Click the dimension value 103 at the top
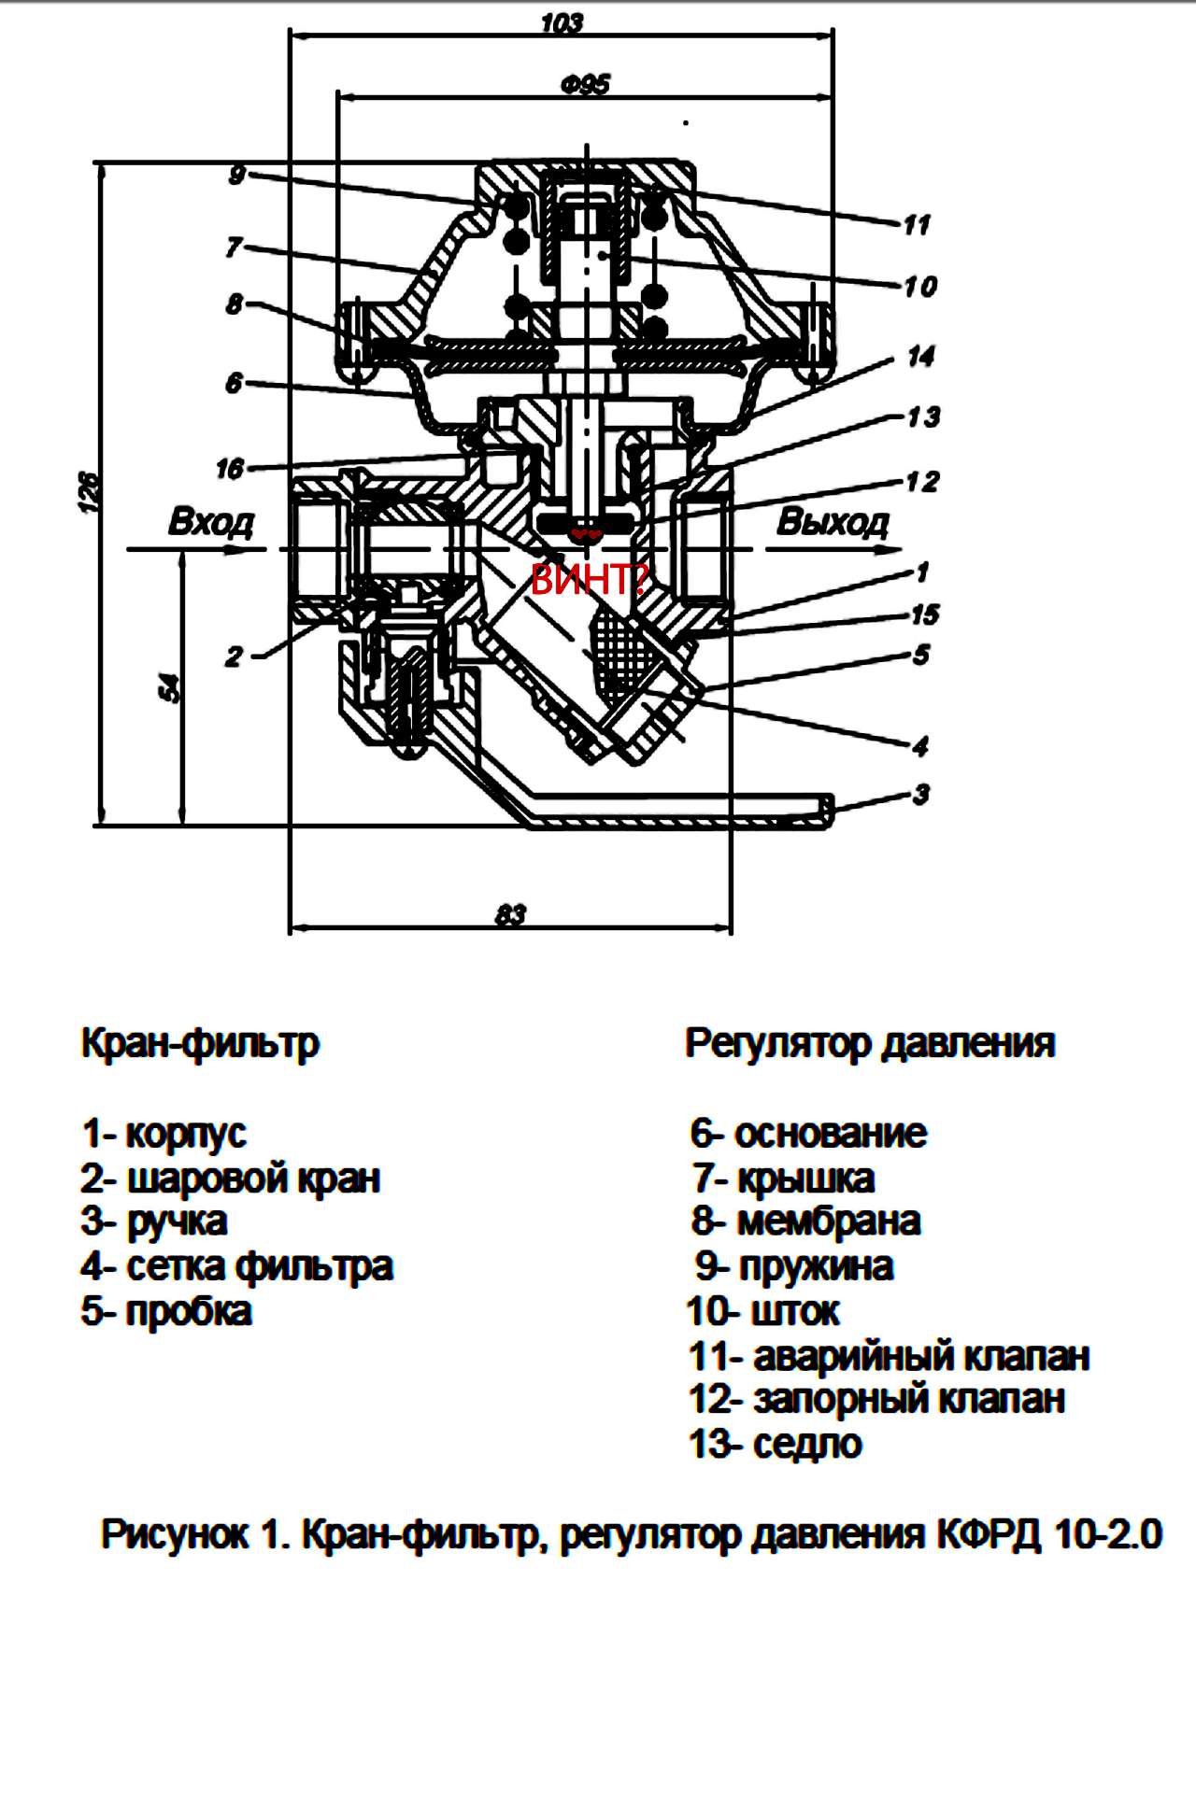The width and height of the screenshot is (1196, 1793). (562, 22)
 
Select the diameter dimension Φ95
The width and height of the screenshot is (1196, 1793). (586, 85)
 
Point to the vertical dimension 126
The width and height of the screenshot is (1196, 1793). (88, 491)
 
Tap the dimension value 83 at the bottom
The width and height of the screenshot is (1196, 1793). (510, 914)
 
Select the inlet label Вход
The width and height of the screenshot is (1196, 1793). (210, 521)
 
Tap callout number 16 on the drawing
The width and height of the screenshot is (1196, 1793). (230, 468)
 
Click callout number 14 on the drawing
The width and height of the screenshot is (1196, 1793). (920, 356)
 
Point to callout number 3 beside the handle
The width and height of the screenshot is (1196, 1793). (921, 794)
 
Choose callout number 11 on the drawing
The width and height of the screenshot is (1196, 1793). (917, 224)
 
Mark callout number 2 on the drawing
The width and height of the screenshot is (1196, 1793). (233, 656)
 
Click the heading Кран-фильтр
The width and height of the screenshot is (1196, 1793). (200, 1042)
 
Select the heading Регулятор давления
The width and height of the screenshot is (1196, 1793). (870, 1042)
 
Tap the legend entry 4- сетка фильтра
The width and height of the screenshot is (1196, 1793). (236, 1266)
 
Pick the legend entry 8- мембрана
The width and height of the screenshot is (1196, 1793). (806, 1221)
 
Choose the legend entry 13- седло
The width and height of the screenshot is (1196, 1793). (775, 1444)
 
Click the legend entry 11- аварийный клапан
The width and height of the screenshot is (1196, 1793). (889, 1355)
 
